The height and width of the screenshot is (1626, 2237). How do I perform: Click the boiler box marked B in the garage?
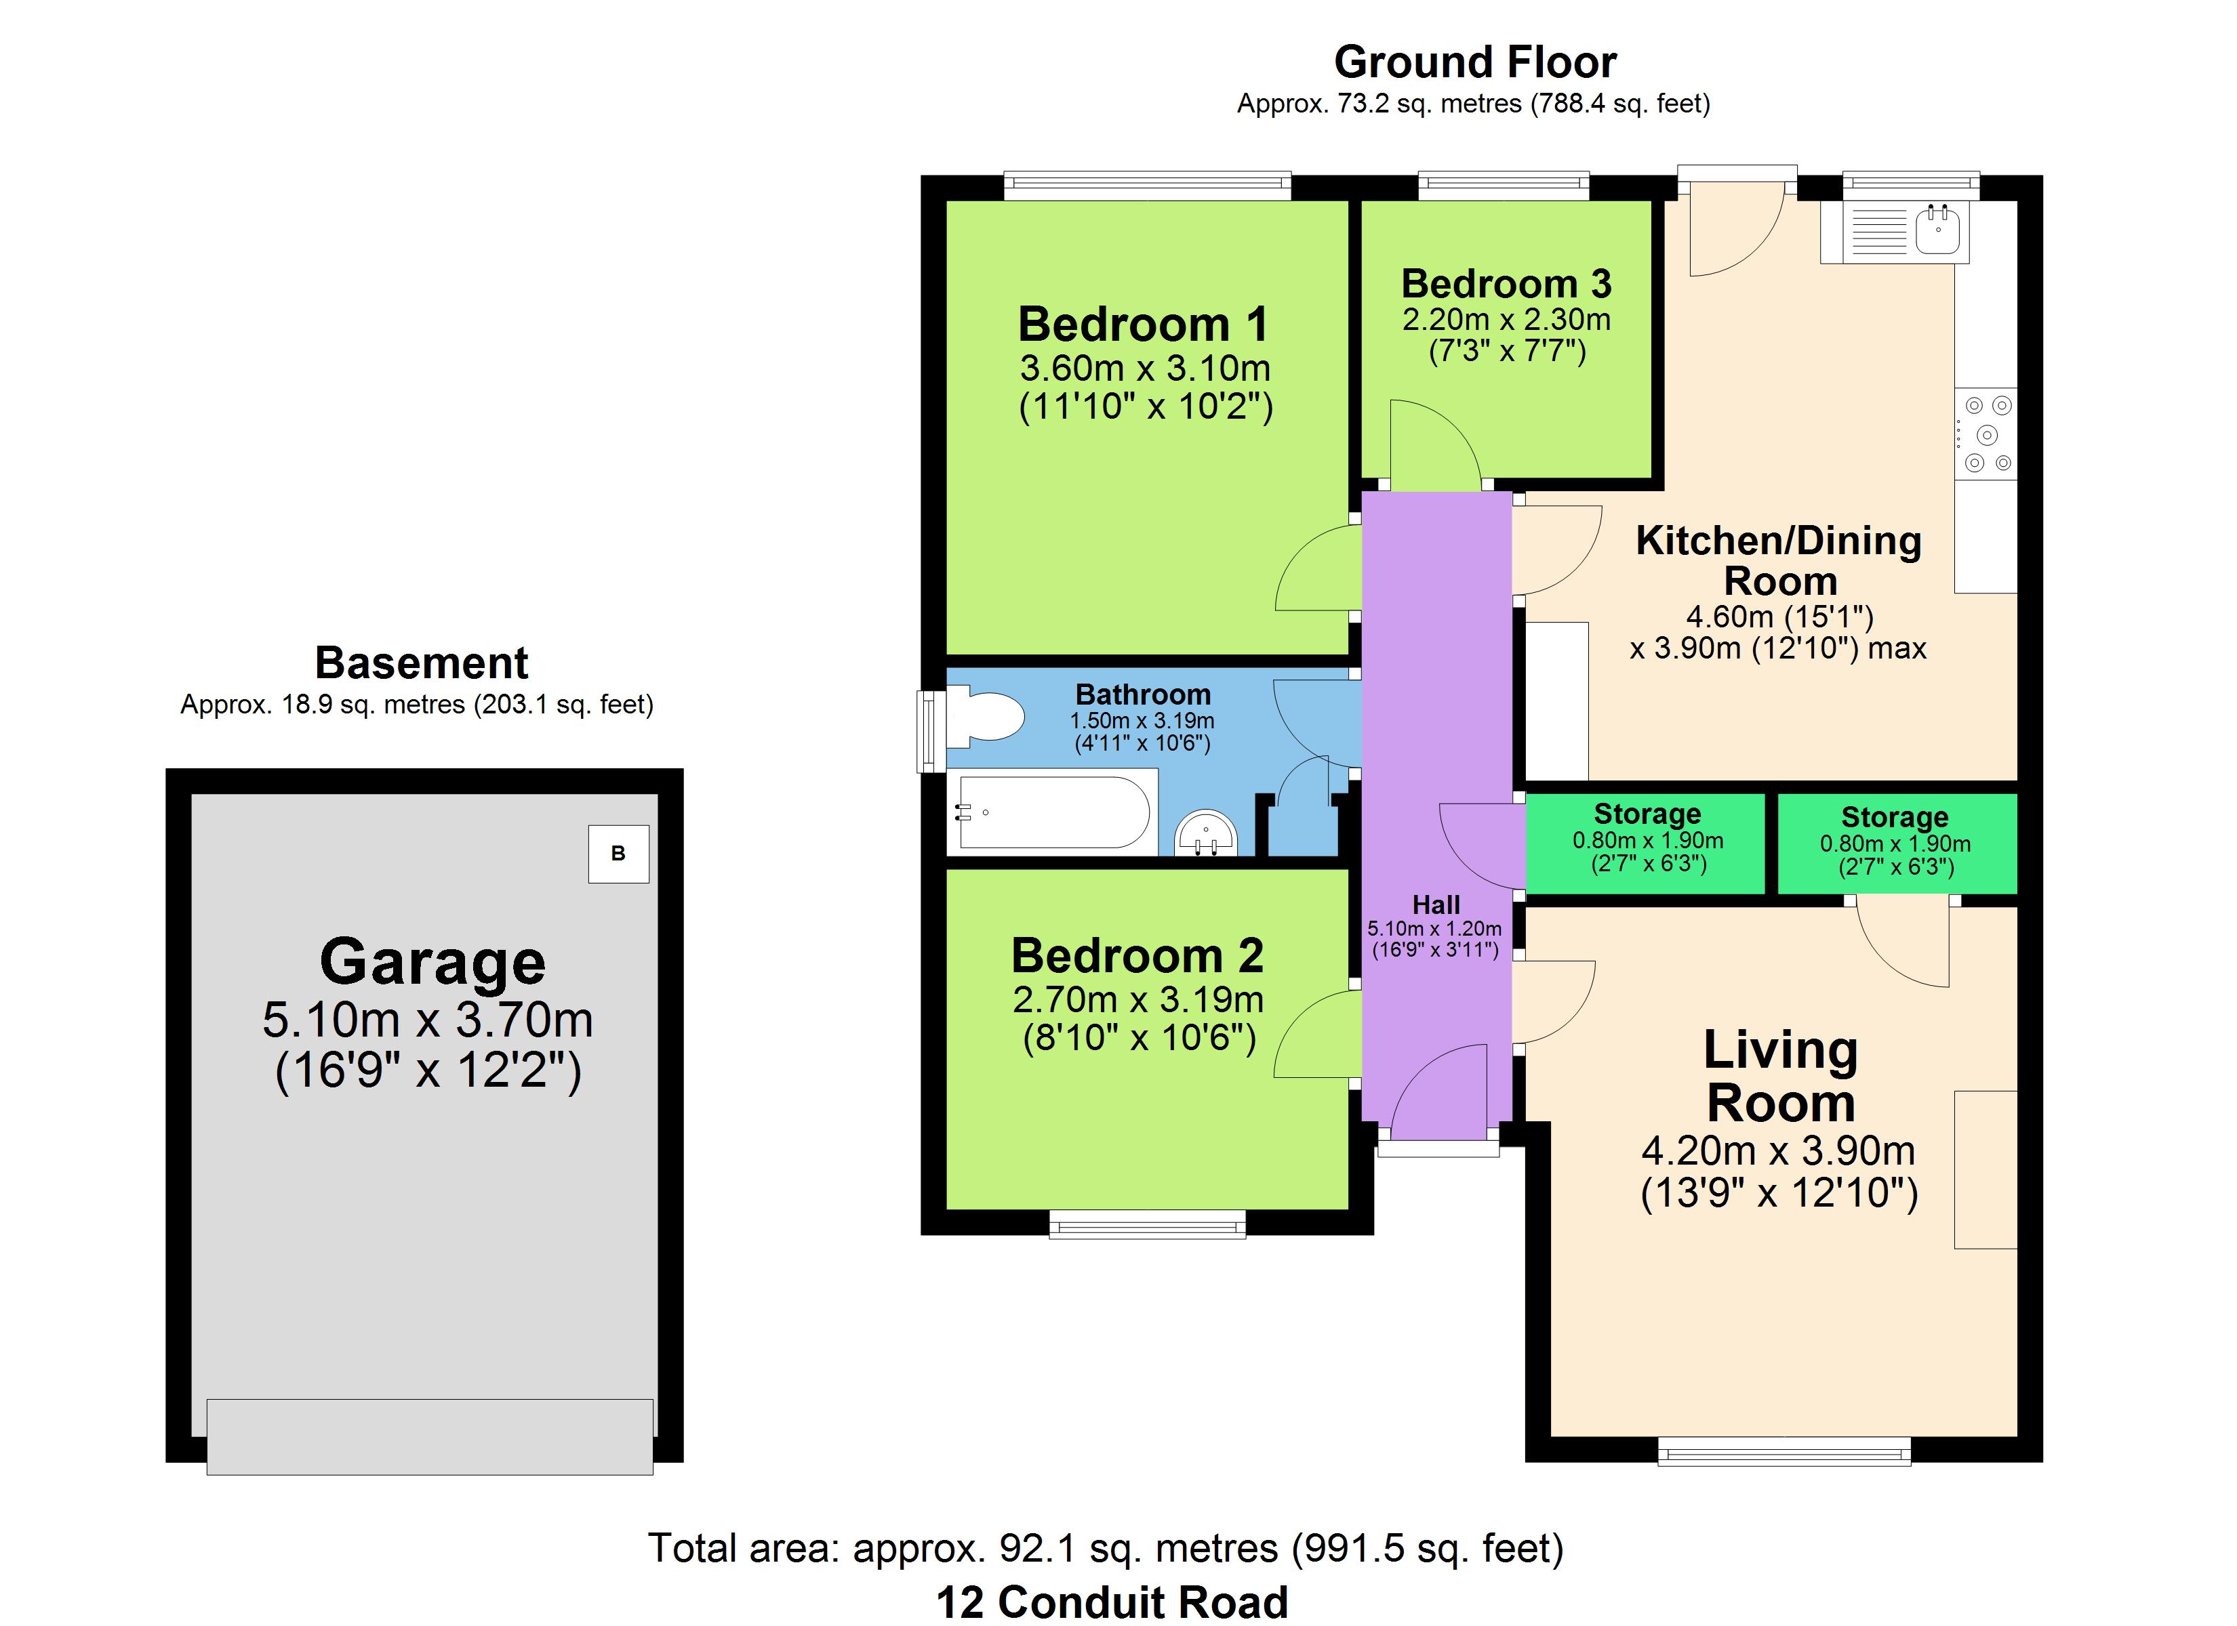point(618,854)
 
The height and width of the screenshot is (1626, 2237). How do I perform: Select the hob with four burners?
point(1986,434)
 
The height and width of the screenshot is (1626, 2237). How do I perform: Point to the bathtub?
point(1053,812)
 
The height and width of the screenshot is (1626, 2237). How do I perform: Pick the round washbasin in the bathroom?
point(1205,833)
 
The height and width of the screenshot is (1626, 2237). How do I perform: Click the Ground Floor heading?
point(1474,62)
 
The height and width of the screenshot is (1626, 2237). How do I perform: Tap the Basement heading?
point(421,663)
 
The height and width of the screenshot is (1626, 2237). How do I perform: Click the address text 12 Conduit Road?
point(1112,1602)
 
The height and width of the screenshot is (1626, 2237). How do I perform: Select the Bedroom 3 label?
point(1506,284)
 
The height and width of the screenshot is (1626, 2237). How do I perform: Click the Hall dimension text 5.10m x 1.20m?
point(1434,928)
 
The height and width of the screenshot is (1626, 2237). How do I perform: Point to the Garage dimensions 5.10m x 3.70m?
point(428,1020)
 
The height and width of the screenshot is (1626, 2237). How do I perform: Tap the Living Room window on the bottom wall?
point(1783,1451)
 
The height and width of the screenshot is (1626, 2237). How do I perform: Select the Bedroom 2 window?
point(1147,1224)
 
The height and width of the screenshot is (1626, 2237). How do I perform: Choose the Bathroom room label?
point(1142,694)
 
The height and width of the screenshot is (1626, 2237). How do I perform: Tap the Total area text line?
point(1106,1548)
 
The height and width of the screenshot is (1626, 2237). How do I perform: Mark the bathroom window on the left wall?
point(931,730)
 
